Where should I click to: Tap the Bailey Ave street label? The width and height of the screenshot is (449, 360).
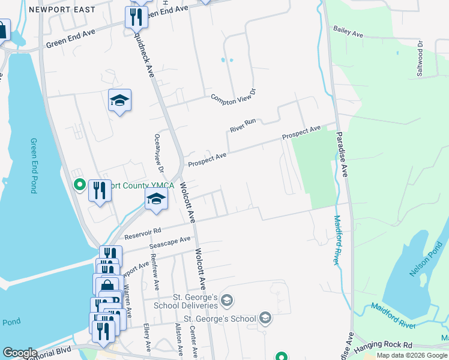click(349, 31)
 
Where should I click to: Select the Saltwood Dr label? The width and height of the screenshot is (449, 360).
click(420, 58)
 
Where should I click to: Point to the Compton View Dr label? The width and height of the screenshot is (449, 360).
click(233, 95)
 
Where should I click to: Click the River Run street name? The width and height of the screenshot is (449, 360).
click(243, 125)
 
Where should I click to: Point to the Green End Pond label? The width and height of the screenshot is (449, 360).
click(34, 166)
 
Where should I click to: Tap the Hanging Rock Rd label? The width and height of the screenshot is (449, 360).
click(383, 347)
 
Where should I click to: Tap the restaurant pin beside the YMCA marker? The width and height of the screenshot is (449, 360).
click(100, 191)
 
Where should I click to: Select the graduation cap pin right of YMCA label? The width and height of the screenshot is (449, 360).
click(156, 199)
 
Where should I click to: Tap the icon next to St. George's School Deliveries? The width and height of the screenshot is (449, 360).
click(227, 299)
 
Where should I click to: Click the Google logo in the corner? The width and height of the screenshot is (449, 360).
click(20, 353)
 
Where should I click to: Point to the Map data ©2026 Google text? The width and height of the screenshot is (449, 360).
click(412, 355)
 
